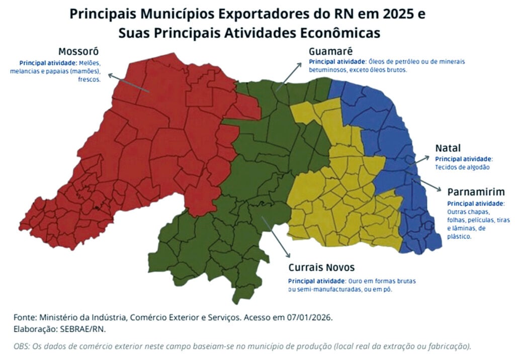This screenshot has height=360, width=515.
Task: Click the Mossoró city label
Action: tap(78, 52)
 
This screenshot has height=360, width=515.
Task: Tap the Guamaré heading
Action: tap(330, 51)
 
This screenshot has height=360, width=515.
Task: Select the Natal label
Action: tap(448, 148)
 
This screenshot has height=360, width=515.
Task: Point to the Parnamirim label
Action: tap(476, 193)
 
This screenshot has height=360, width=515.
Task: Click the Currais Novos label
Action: tap(321, 267)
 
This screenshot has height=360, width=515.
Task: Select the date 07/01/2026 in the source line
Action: tap(311, 318)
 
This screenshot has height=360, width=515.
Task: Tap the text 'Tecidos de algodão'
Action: tap(462, 166)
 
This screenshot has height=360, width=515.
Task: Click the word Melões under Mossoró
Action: tap(91, 63)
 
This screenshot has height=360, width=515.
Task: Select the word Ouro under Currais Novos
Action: tap(355, 281)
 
